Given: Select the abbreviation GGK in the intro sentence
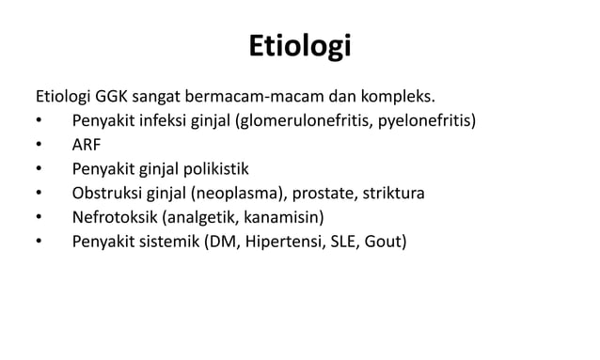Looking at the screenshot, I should coord(112,96).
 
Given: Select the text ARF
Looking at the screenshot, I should coord(88,145).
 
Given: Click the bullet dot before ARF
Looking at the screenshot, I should coord(38,146).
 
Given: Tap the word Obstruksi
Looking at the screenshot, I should coord(107,194).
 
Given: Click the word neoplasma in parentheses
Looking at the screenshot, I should coord(241,194).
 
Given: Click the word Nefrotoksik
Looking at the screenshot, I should coord(115,218).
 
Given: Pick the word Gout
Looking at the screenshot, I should coord(384,243).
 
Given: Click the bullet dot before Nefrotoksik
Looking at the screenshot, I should coord(38,219).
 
